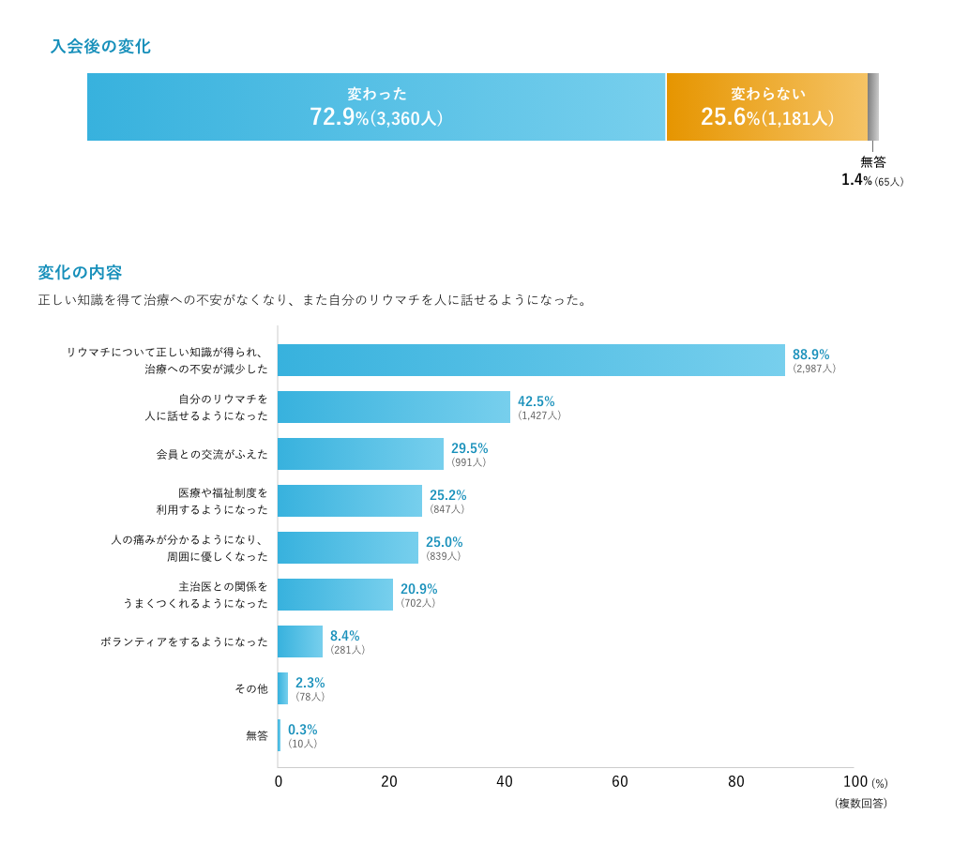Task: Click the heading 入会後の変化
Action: [100, 46]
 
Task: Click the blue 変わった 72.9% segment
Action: [376, 107]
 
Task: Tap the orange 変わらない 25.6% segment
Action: [767, 107]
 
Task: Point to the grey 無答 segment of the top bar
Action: [873, 107]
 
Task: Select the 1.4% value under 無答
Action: [856, 180]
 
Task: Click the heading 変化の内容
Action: [80, 272]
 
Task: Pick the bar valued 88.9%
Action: [531, 360]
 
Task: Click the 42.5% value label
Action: [537, 401]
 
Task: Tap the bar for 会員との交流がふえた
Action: [360, 454]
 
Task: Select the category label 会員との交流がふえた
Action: [212, 454]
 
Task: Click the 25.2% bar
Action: [350, 501]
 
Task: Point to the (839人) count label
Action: [444, 556]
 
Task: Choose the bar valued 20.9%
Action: [335, 595]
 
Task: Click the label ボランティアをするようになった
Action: [184, 641]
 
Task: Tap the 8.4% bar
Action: [300, 641]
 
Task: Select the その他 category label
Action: [251, 688]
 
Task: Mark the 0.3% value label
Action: [303, 730]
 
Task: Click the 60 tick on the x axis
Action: [620, 782]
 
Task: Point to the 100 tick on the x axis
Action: [855, 782]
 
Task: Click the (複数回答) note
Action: [861, 804]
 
